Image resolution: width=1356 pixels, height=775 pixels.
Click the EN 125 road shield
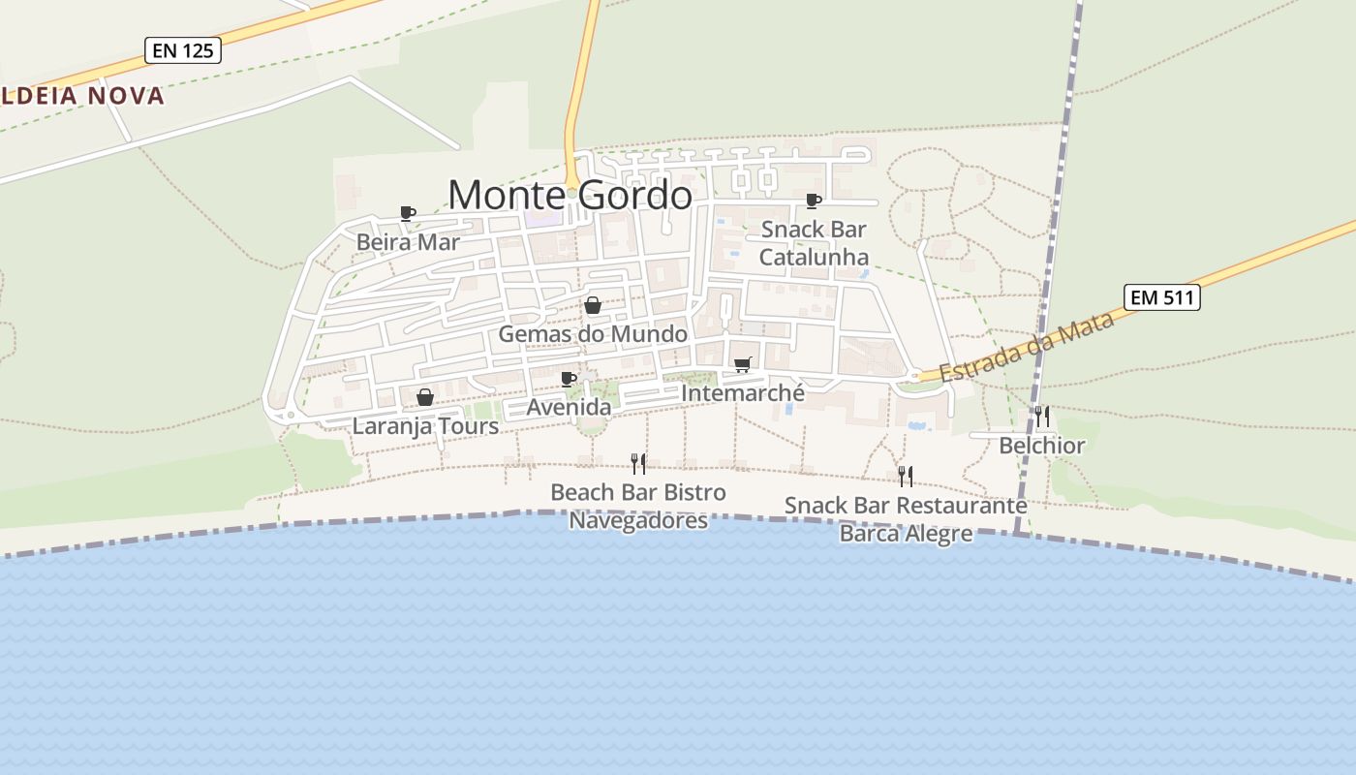tap(183, 50)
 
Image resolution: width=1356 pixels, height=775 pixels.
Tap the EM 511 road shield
tap(1162, 297)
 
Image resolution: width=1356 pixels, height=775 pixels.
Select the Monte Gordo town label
tap(570, 196)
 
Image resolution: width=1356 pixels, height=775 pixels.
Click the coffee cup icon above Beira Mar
tap(408, 213)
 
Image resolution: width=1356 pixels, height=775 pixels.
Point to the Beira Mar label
tap(408, 241)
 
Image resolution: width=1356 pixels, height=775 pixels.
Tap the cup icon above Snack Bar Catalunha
tap(814, 201)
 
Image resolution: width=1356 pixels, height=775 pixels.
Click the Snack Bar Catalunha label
tap(814, 243)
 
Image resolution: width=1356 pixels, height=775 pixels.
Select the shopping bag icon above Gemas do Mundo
tap(593, 306)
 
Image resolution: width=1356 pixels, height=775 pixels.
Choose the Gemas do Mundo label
tap(593, 334)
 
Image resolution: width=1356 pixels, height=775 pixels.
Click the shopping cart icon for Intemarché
tap(742, 365)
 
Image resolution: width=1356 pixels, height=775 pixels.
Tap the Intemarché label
tap(743, 393)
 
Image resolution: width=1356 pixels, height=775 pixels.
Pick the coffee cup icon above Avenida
tap(569, 379)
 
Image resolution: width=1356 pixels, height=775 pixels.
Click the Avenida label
tap(569, 407)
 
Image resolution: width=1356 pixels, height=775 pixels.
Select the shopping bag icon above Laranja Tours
tap(424, 397)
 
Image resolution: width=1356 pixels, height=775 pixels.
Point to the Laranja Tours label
tap(425, 425)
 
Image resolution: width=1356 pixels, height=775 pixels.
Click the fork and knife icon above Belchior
tap(1042, 417)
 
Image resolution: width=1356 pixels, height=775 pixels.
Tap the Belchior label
tap(1042, 446)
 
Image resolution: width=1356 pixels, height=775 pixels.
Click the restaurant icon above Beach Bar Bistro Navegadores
tap(638, 463)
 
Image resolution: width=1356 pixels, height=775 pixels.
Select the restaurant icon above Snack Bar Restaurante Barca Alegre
tap(906, 476)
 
